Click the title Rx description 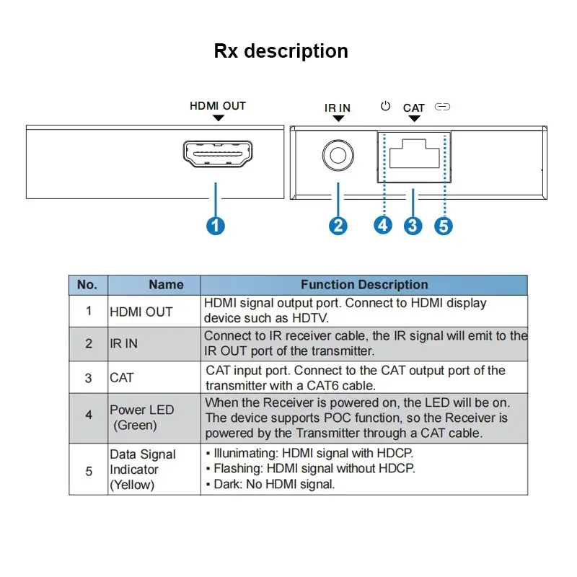pos(281,51)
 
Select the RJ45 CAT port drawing pos(414,154)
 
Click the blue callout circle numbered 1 pos(216,226)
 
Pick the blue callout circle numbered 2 pos(338,226)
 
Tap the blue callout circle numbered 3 pos(413,226)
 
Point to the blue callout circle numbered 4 pos(383,225)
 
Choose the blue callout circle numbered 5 pos(444,226)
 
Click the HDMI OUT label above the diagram pos(218,106)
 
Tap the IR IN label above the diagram pos(337,108)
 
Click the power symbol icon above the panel pos(386,107)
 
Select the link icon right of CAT pos(443,107)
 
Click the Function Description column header pos(364,285)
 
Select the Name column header pos(166,285)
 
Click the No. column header pos(87,285)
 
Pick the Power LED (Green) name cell pos(141,418)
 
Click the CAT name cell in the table pos(122,377)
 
